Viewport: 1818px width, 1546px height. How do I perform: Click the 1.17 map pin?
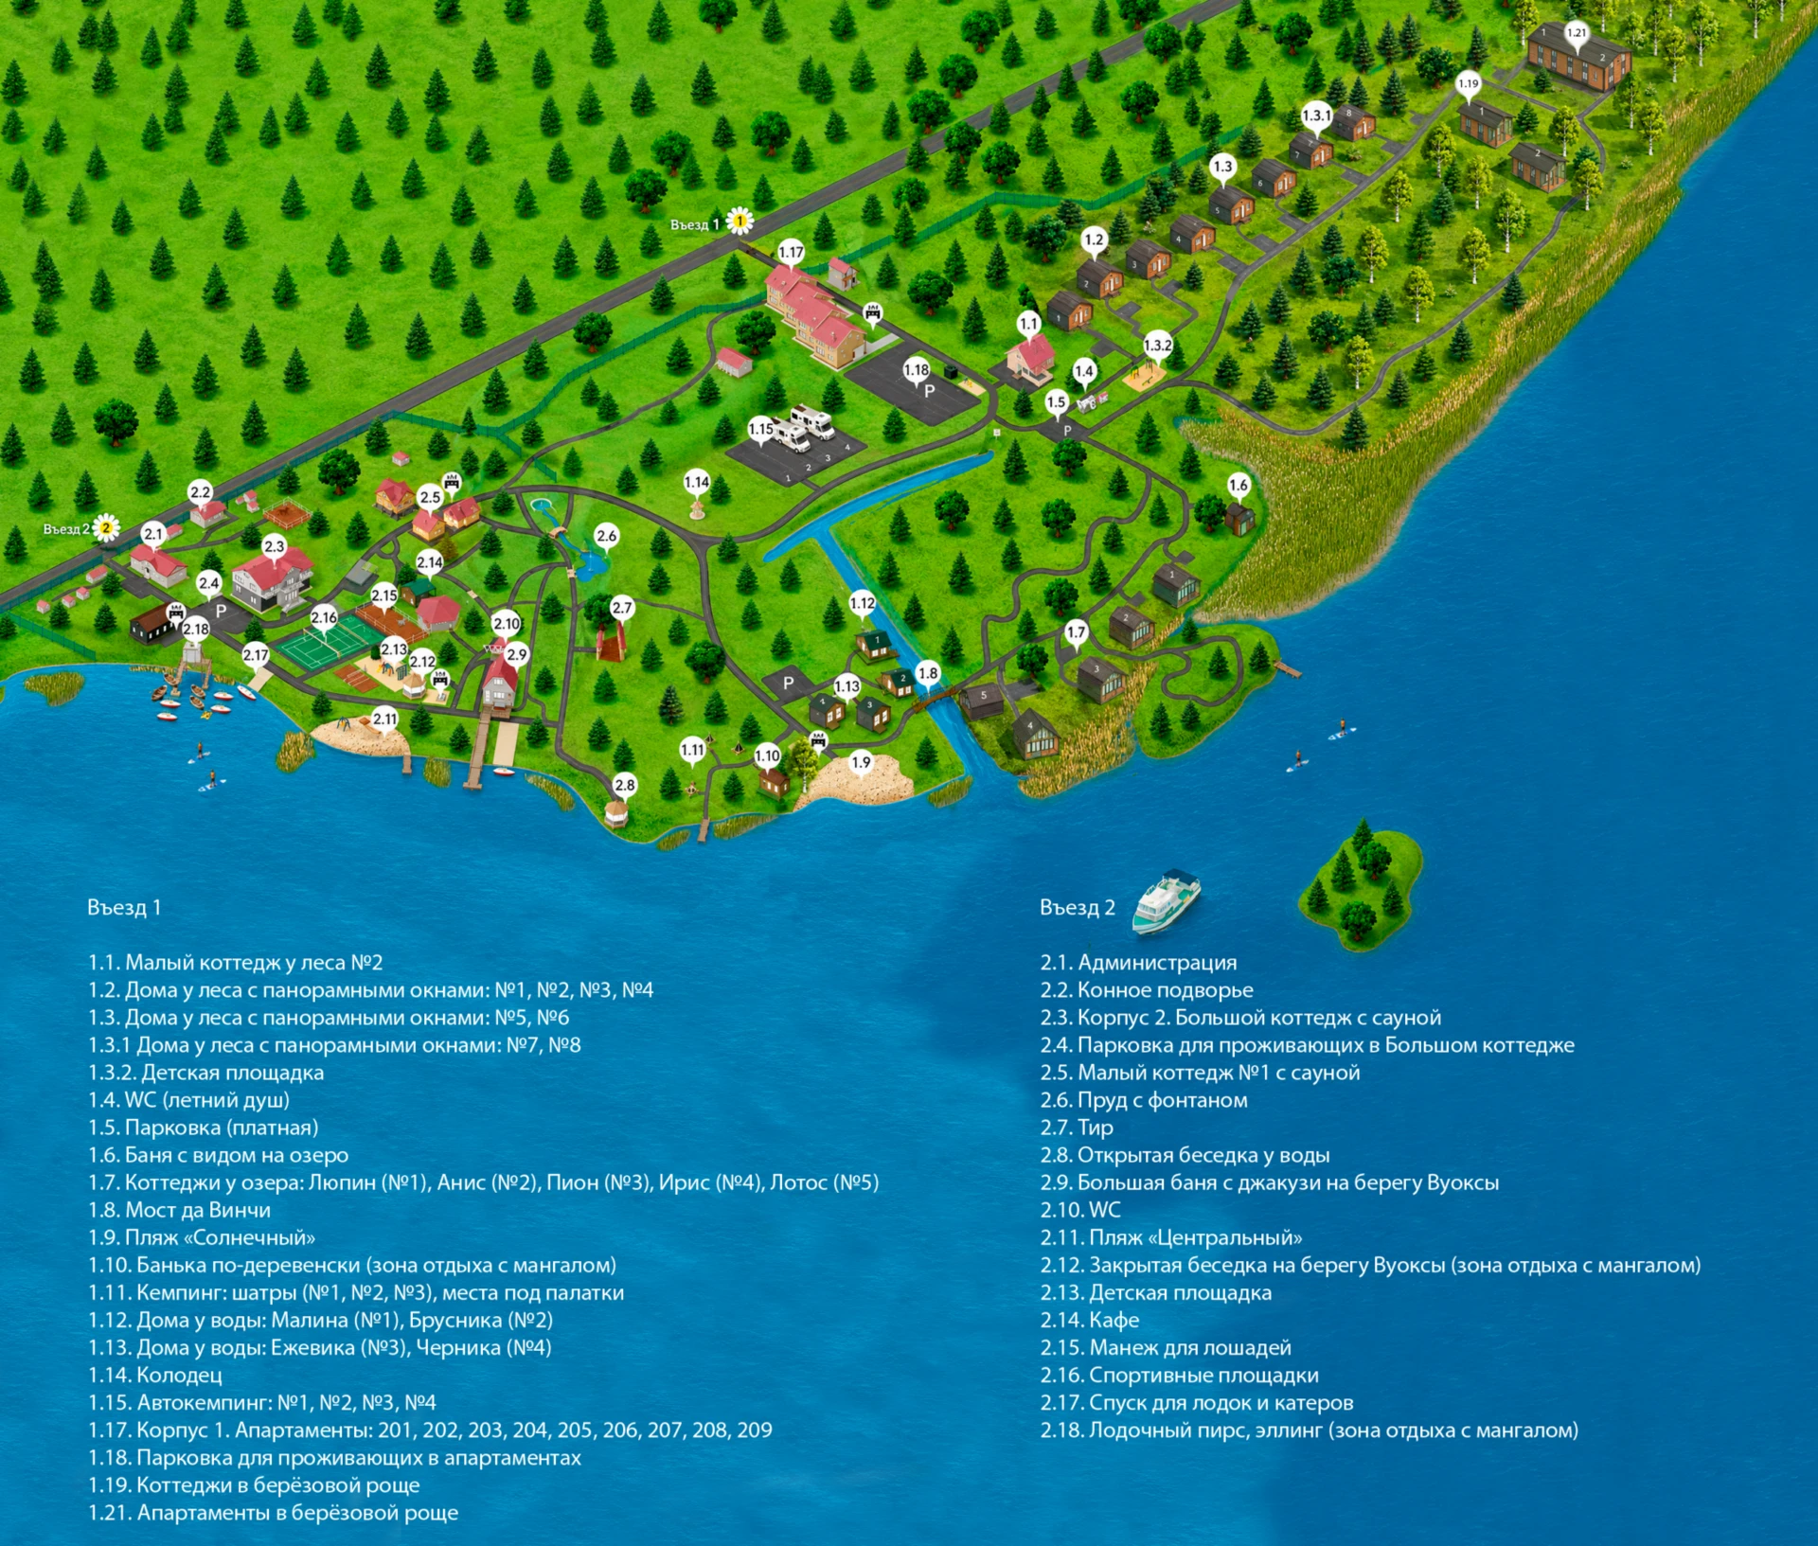point(791,253)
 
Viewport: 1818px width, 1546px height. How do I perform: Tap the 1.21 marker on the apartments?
point(1576,34)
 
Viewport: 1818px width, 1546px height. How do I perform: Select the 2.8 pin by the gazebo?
point(625,786)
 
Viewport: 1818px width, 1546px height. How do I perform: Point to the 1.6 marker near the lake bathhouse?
point(1239,487)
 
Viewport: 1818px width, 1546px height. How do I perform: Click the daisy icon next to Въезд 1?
point(740,222)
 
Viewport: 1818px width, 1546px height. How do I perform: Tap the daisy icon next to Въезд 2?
point(106,527)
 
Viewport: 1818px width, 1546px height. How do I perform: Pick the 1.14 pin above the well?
point(697,483)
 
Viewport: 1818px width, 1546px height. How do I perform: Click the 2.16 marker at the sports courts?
point(324,618)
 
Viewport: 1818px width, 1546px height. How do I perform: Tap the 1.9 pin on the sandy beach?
point(861,763)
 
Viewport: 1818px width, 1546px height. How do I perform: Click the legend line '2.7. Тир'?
point(1077,1128)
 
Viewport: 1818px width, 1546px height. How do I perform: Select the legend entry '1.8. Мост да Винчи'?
point(179,1210)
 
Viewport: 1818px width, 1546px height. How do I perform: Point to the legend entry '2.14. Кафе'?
point(1090,1320)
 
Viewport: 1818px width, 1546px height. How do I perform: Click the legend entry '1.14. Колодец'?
point(155,1375)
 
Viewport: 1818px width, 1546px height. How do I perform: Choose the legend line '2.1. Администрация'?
point(1139,963)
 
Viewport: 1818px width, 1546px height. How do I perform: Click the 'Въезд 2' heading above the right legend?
point(1078,908)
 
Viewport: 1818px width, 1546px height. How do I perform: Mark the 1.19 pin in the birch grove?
point(1468,85)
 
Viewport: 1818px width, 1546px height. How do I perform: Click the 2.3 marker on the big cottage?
point(274,547)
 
